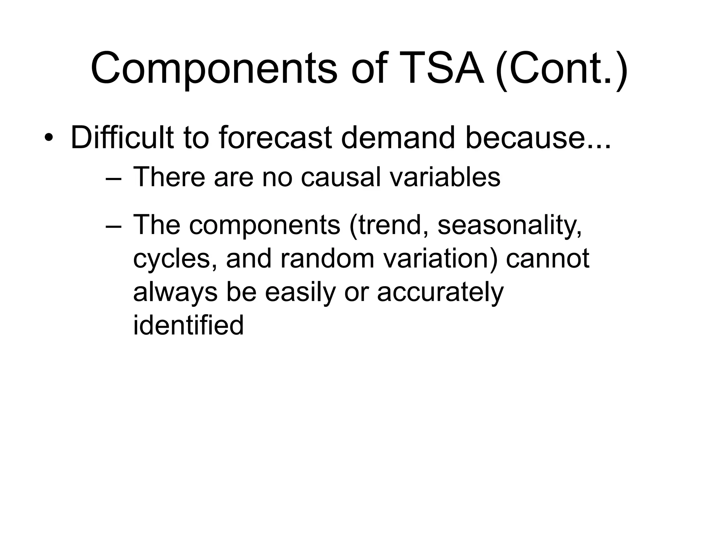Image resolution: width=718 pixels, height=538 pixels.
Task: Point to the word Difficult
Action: (x=122, y=137)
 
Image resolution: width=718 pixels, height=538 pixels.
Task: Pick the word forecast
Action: (x=275, y=137)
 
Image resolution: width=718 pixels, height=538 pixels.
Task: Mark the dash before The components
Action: (x=113, y=226)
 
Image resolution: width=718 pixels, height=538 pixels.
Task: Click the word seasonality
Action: (x=509, y=226)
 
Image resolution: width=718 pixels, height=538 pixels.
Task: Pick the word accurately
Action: (x=440, y=292)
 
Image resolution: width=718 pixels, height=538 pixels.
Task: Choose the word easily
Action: (x=300, y=292)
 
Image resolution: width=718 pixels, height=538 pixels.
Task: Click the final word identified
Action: (x=188, y=325)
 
